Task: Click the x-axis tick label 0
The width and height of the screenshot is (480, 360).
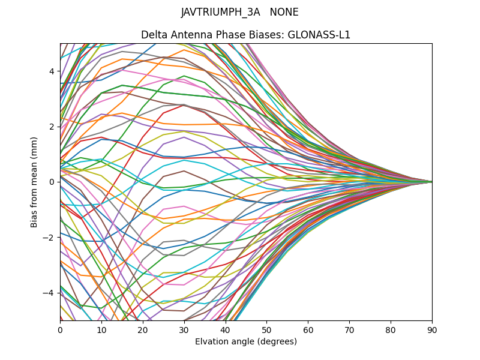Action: click(x=60, y=329)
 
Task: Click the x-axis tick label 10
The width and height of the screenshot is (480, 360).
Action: click(x=101, y=329)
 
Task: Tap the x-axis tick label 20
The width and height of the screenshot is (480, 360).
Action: click(x=143, y=329)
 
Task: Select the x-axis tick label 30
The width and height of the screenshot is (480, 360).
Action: click(x=184, y=329)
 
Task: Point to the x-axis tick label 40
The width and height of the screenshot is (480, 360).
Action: click(x=226, y=329)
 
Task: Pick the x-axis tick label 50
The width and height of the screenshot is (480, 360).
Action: click(x=266, y=329)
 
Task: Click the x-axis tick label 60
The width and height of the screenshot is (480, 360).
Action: click(x=308, y=329)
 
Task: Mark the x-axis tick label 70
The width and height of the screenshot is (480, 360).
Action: click(x=349, y=329)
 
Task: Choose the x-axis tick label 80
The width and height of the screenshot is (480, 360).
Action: click(x=391, y=329)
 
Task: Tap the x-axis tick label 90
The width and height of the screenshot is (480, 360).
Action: click(x=432, y=329)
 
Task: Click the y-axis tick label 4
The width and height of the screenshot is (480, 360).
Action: click(x=52, y=71)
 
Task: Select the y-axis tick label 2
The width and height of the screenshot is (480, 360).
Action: click(x=52, y=127)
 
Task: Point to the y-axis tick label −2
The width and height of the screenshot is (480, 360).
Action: click(x=50, y=237)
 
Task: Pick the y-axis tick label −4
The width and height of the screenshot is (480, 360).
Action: click(x=50, y=293)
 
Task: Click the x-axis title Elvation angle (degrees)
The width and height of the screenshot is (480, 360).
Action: click(x=246, y=341)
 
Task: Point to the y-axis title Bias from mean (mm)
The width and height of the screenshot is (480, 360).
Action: click(x=35, y=182)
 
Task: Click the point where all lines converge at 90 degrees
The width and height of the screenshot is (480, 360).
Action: click(x=431, y=182)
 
